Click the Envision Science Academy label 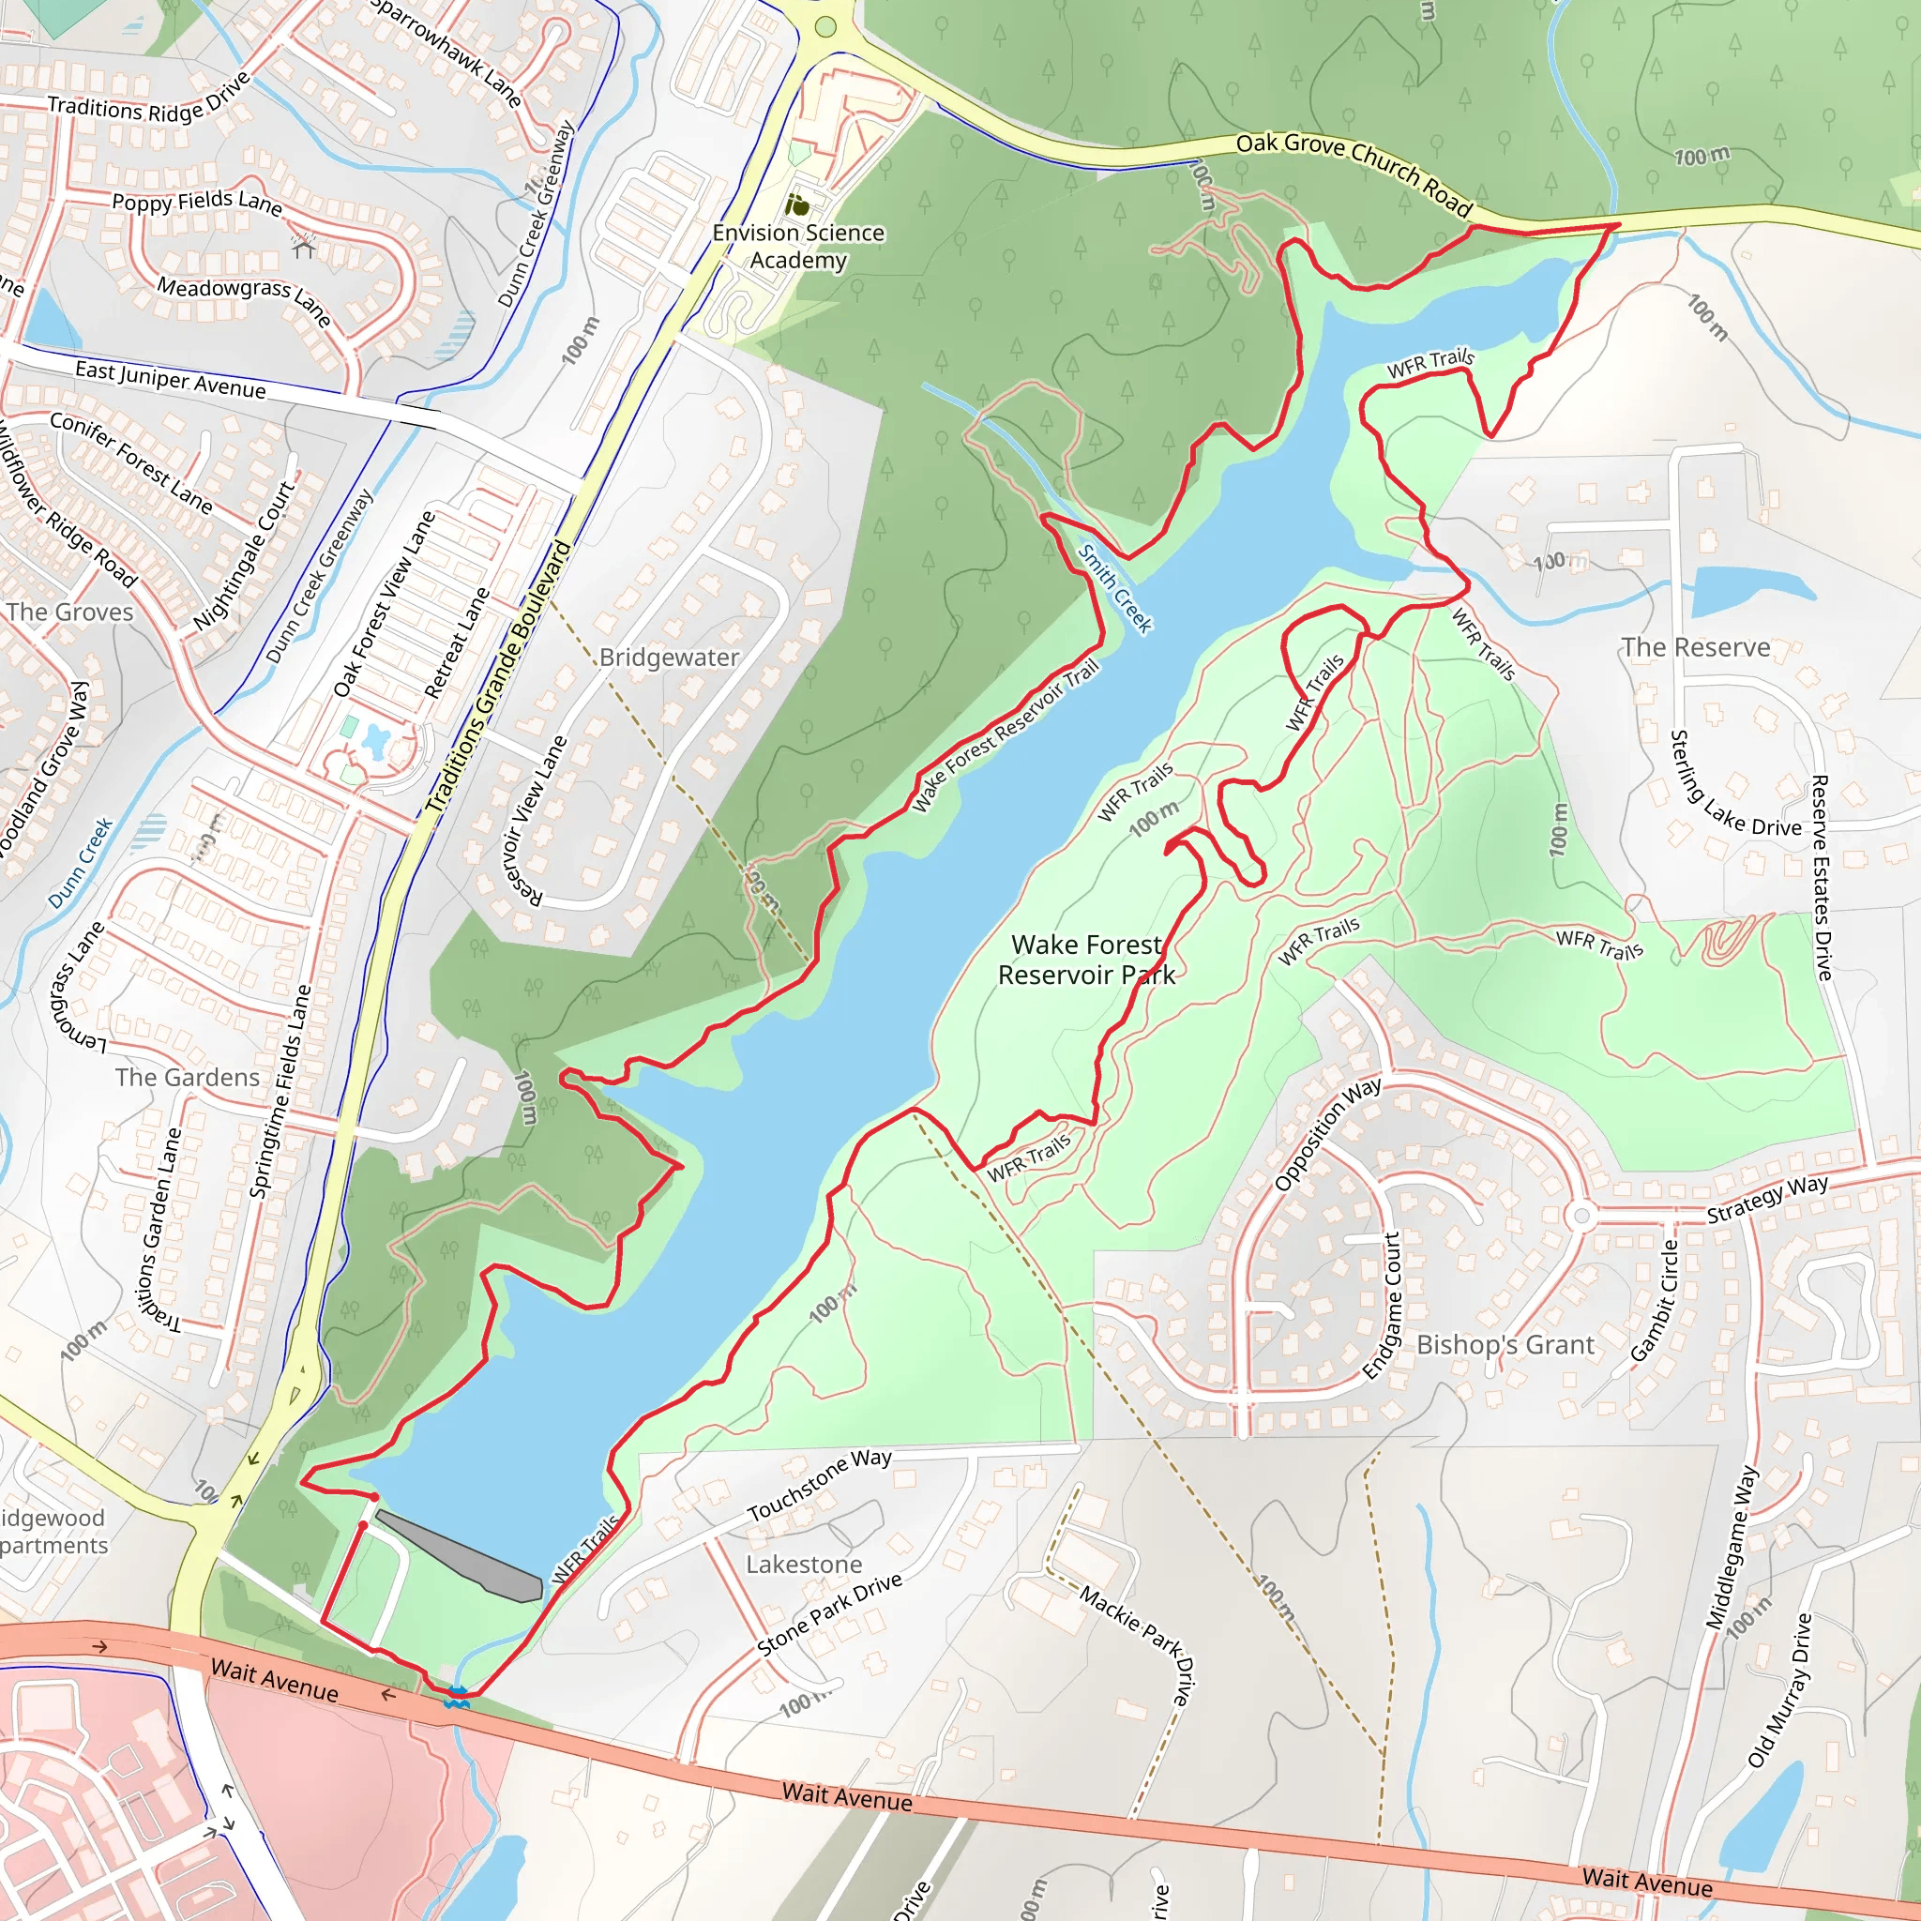pyautogui.click(x=797, y=246)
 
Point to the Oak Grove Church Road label pyautogui.click(x=1354, y=173)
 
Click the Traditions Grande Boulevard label pyautogui.click(x=499, y=677)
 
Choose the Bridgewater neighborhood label pyautogui.click(x=669, y=658)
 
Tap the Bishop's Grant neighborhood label pyautogui.click(x=1505, y=1345)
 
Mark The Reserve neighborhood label pyautogui.click(x=1695, y=647)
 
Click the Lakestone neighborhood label pyautogui.click(x=804, y=1564)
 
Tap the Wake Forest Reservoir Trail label pyautogui.click(x=1006, y=734)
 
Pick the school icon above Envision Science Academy pyautogui.click(x=797, y=205)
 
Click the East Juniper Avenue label pyautogui.click(x=170, y=379)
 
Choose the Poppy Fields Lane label pyautogui.click(x=197, y=201)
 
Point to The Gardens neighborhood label pyautogui.click(x=187, y=1077)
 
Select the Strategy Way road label pyautogui.click(x=1767, y=1199)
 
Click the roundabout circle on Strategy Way pyautogui.click(x=1580, y=1216)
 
